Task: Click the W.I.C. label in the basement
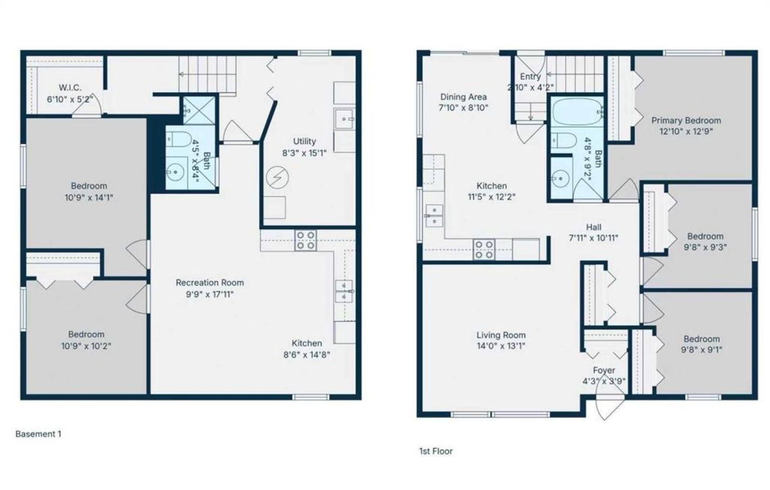[70, 88]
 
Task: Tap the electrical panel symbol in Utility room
[278, 177]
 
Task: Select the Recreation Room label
[210, 283]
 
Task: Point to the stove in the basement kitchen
[306, 240]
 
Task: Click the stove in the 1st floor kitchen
[484, 249]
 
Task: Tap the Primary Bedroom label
[686, 121]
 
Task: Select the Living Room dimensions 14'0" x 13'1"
[501, 346]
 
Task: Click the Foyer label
[604, 370]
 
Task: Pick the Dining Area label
[464, 97]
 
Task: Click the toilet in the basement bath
[179, 139]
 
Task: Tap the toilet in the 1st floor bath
[564, 141]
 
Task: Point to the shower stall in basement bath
[199, 110]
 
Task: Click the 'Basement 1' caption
[38, 434]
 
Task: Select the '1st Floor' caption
[436, 451]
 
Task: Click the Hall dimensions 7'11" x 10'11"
[594, 238]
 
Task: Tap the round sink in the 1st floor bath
[560, 178]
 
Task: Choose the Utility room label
[304, 141]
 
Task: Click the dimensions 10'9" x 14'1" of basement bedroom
[89, 198]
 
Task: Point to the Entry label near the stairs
[530, 76]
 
